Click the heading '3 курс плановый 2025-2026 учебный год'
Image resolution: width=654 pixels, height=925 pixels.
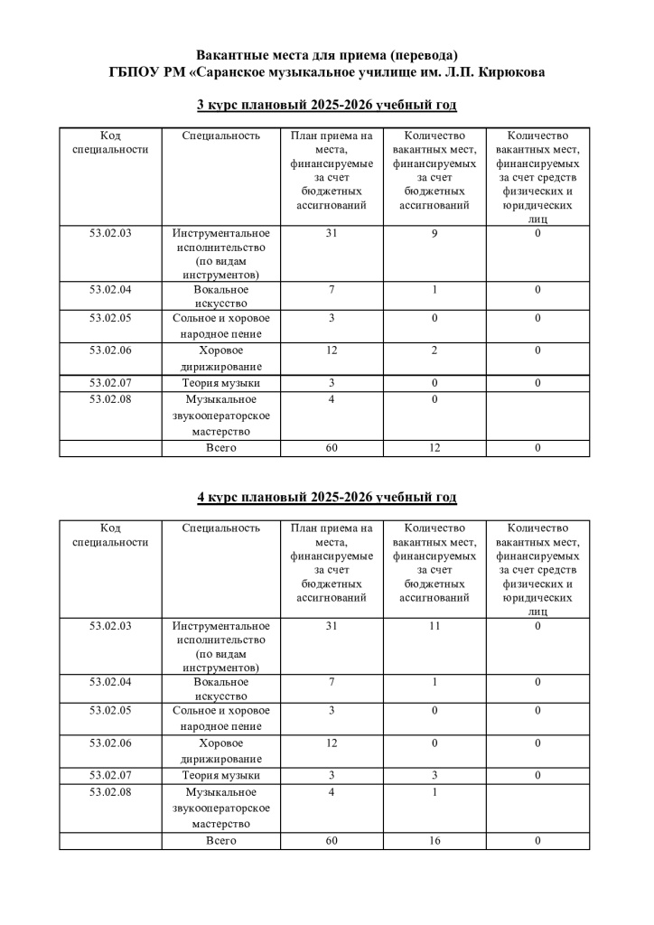[x=326, y=106]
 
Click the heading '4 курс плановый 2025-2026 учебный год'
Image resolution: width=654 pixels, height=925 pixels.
[x=326, y=498]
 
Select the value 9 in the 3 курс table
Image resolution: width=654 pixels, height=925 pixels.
[x=434, y=234]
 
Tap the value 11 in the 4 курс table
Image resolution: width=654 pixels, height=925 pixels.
[x=434, y=625]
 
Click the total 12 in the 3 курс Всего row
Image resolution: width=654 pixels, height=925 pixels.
[x=434, y=449]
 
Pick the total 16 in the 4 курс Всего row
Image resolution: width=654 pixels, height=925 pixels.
[x=434, y=841]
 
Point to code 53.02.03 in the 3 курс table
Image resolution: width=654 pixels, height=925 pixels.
[x=110, y=234]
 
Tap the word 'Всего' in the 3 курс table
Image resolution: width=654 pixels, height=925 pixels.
[x=221, y=449]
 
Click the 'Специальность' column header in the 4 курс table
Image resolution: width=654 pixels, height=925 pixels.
[x=221, y=528]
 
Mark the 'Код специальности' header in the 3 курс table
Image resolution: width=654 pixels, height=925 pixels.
[x=110, y=143]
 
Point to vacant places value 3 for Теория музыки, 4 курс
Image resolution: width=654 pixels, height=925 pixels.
[x=434, y=776]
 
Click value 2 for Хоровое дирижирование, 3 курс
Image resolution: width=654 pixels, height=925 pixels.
[x=434, y=350]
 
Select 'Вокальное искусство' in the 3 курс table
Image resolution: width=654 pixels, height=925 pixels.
[x=221, y=297]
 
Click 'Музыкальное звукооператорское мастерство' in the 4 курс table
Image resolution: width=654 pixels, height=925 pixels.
[x=221, y=808]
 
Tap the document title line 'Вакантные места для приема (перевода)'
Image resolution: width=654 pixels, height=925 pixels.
[x=326, y=55]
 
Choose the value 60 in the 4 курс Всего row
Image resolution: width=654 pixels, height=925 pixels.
[x=332, y=841]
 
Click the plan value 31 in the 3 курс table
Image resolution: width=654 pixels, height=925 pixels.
[x=332, y=234]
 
